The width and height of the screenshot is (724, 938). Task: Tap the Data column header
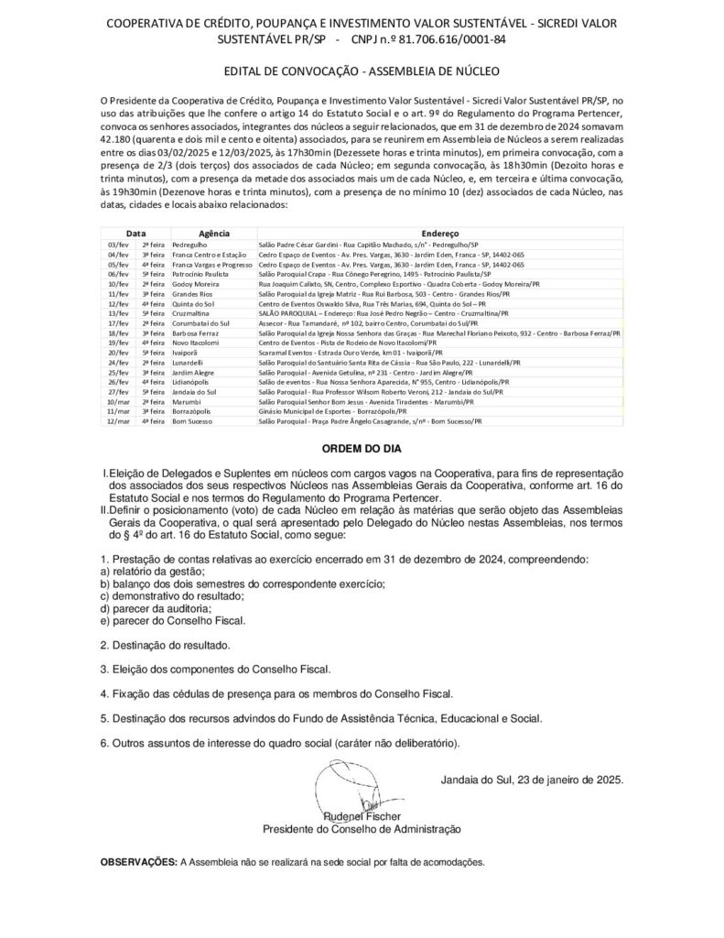(x=135, y=234)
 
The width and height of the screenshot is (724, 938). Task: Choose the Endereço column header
(x=440, y=234)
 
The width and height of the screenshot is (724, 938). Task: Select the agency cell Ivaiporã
(x=189, y=352)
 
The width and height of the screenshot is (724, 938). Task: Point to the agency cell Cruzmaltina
(x=191, y=313)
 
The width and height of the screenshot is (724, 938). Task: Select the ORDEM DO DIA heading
(x=362, y=450)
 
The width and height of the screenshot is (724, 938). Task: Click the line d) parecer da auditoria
(x=156, y=608)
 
